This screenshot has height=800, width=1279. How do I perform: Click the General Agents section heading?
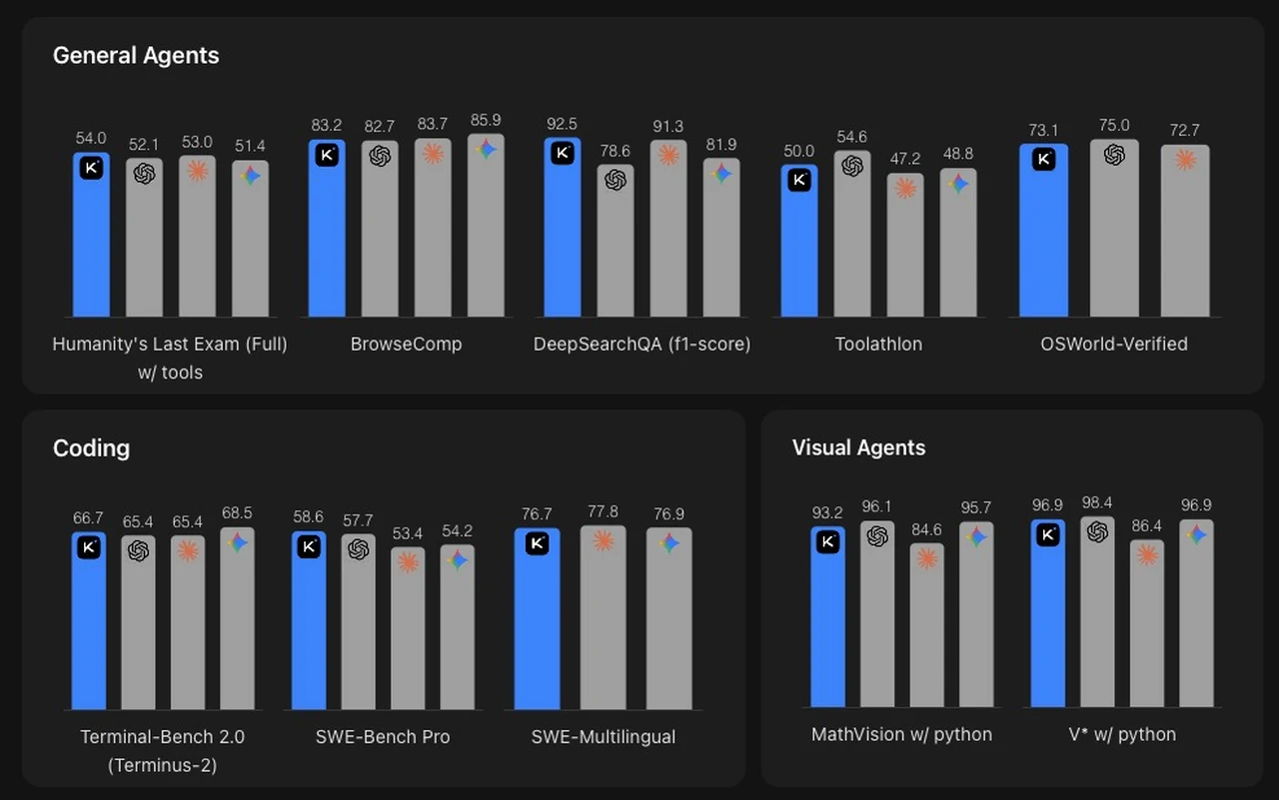pyautogui.click(x=136, y=55)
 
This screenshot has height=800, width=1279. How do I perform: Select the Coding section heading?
pyautogui.click(x=91, y=447)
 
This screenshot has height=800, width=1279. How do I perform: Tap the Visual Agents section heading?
pyautogui.click(x=858, y=447)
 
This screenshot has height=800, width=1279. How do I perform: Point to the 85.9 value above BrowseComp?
pyautogui.click(x=485, y=120)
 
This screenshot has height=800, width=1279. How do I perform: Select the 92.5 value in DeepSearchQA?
pyautogui.click(x=563, y=125)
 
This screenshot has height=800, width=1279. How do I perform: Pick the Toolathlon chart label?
pyautogui.click(x=878, y=344)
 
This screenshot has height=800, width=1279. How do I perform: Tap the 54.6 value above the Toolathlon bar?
pyautogui.click(x=851, y=137)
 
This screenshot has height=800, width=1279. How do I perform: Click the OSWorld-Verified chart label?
pyautogui.click(x=1114, y=344)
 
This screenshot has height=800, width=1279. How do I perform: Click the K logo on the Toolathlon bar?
pyautogui.click(x=799, y=180)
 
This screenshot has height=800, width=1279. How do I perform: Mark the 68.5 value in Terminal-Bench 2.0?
pyautogui.click(x=237, y=513)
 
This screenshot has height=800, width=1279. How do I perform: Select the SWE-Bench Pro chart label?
pyautogui.click(x=383, y=737)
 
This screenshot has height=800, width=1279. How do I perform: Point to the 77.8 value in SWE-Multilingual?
pyautogui.click(x=603, y=511)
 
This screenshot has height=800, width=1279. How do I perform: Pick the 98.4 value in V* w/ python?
pyautogui.click(x=1097, y=502)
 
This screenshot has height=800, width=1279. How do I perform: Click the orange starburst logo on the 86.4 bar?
pyautogui.click(x=1147, y=554)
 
